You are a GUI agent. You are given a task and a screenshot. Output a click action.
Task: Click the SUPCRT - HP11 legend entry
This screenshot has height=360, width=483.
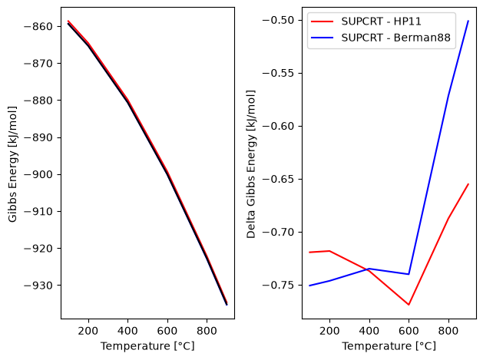[x=381, y=21]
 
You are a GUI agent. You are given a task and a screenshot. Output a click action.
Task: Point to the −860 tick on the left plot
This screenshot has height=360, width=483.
[x=38, y=27]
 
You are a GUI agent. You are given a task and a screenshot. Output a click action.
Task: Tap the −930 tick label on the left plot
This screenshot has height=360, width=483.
[x=38, y=286]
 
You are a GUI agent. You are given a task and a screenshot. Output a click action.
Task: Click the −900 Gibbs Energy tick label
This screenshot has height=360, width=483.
[x=38, y=174]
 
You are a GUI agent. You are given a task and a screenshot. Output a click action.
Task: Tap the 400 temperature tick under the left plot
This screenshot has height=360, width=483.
[x=127, y=331]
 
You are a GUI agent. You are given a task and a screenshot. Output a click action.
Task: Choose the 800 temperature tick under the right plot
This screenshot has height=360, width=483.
[x=448, y=331]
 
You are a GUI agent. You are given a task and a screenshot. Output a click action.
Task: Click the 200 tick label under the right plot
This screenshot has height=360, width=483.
[x=329, y=331]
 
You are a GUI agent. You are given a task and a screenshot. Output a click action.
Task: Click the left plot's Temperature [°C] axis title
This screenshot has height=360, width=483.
[x=147, y=346]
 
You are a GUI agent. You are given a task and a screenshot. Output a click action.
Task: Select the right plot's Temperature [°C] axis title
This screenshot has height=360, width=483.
[x=389, y=346]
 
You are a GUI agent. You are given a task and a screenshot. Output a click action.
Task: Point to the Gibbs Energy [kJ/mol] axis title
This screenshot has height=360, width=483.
[x=12, y=164]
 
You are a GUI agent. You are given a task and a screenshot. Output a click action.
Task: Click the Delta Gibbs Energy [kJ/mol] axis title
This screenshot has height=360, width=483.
[x=251, y=164]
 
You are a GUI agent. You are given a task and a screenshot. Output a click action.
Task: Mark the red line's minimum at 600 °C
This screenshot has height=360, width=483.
[x=409, y=305]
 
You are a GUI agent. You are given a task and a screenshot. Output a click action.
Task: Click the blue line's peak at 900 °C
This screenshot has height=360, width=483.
[x=468, y=21]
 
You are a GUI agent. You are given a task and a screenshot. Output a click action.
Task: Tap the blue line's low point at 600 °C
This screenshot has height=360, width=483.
[x=409, y=274]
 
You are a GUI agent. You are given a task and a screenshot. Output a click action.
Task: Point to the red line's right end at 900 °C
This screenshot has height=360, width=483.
[x=468, y=184]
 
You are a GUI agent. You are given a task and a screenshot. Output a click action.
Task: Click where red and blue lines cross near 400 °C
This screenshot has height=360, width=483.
[x=366, y=269]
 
